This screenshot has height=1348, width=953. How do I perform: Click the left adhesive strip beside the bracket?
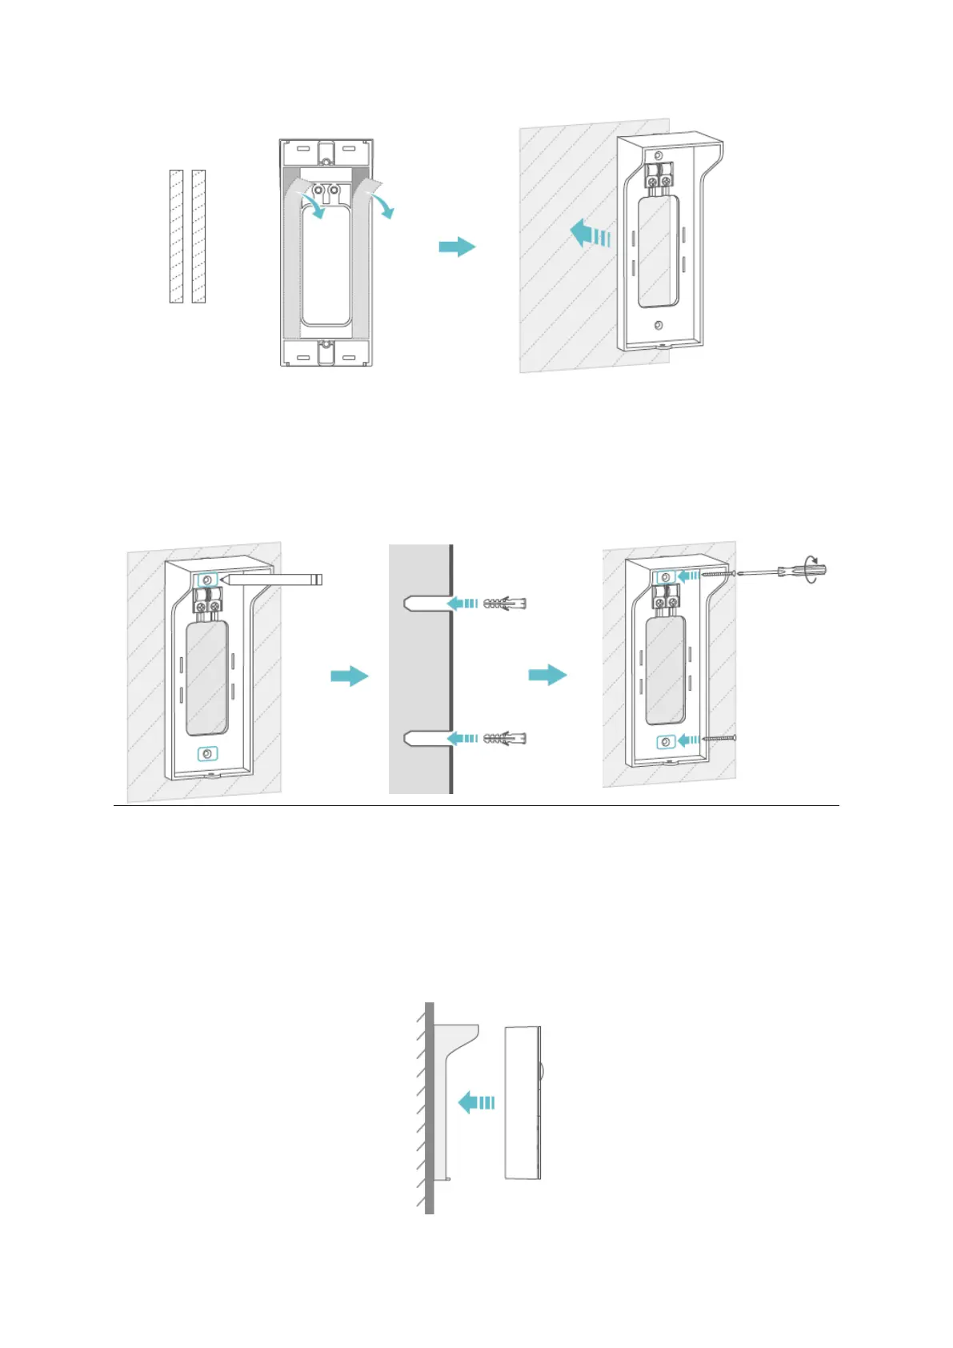click(176, 236)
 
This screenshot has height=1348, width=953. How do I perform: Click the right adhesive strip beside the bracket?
click(198, 236)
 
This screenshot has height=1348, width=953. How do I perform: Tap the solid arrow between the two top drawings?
click(457, 247)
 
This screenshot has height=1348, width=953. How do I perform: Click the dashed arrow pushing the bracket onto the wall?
click(591, 236)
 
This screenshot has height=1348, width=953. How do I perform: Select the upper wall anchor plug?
click(505, 603)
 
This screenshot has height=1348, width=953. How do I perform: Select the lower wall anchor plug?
click(505, 738)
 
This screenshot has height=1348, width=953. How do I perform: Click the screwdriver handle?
click(808, 572)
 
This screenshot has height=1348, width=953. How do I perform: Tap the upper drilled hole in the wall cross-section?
click(420, 603)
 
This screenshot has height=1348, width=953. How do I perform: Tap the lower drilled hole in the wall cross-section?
click(420, 738)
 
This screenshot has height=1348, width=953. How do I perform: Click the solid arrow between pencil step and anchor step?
click(350, 676)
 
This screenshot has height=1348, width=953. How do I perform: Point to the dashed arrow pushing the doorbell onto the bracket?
click(477, 1102)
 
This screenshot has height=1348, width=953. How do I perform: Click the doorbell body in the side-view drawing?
click(523, 1102)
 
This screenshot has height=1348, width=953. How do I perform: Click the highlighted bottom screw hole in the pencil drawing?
click(207, 754)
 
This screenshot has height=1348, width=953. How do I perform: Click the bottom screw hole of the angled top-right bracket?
click(658, 325)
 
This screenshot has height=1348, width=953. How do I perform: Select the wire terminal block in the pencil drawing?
click(206, 601)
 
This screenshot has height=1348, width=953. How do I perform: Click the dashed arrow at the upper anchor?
click(463, 603)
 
